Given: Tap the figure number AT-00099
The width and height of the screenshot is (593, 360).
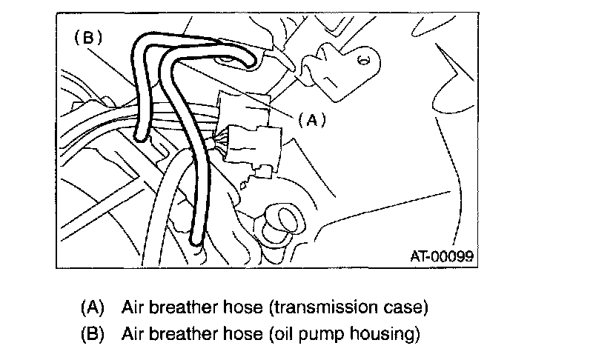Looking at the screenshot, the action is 442,256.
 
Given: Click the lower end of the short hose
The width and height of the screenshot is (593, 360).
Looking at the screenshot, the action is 141,133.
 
